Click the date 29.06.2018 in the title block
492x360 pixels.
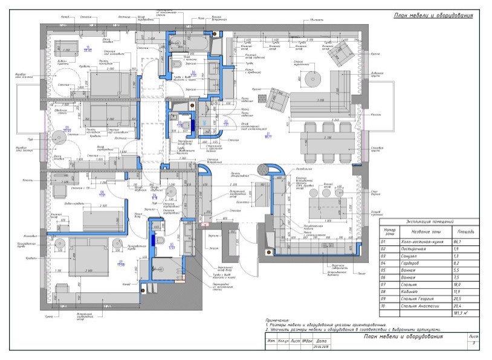pos(320,347)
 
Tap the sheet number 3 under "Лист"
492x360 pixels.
pos(474,343)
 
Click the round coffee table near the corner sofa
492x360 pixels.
pos(312,79)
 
